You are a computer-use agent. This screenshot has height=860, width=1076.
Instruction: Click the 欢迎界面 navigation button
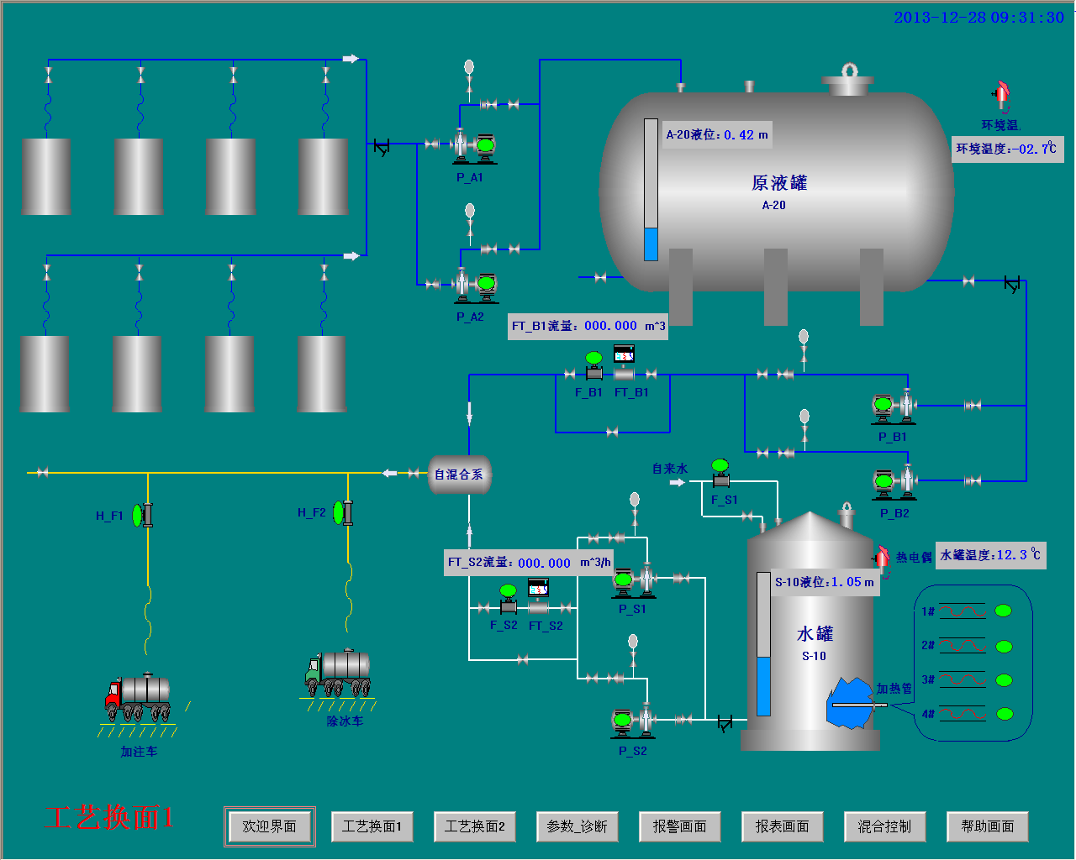[x=269, y=826]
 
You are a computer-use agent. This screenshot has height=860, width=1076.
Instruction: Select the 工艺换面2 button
[x=474, y=826]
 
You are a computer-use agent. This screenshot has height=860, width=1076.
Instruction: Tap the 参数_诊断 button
[x=577, y=826]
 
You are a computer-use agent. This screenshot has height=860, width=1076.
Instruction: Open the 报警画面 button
[x=679, y=826]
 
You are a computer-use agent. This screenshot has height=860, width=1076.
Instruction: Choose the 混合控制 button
[x=884, y=826]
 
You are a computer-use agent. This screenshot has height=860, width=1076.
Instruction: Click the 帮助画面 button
[x=987, y=826]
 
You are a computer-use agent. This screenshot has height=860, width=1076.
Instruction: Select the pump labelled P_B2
[x=894, y=482]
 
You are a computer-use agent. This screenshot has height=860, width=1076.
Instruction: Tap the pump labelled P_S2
[x=632, y=721]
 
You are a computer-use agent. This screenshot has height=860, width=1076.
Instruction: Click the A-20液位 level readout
[x=717, y=134]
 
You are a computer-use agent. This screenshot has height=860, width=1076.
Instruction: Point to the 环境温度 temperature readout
[x=1007, y=149]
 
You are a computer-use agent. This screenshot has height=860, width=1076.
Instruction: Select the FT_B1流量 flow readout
[x=588, y=326]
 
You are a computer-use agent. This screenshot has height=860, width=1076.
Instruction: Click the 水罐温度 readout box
[x=990, y=555]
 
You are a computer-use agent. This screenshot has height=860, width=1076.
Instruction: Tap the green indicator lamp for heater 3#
[x=1004, y=680]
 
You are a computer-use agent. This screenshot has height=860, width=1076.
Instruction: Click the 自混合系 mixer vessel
[x=459, y=475]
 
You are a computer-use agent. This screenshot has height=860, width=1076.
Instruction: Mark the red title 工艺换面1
[x=108, y=817]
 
